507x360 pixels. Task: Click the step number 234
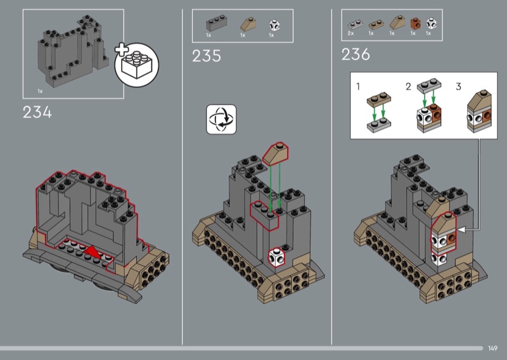(37, 113)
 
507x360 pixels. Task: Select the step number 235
(207, 56)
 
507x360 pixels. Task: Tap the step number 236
(356, 55)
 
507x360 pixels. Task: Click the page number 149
(493, 348)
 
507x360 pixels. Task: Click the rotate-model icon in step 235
(221, 119)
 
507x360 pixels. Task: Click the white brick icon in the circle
(137, 65)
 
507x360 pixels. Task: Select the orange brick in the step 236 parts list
(415, 23)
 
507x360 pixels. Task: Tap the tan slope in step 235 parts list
(248, 24)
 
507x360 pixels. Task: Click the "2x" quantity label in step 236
(350, 34)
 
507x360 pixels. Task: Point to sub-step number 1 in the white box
(358, 87)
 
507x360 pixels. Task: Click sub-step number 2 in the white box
(408, 87)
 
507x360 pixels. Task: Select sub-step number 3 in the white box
(458, 87)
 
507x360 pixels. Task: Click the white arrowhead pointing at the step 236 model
(463, 229)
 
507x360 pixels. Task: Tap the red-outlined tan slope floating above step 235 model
(276, 153)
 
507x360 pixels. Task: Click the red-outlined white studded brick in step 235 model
(277, 257)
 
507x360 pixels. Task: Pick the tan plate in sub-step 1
(379, 100)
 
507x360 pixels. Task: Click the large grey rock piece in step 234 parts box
(73, 51)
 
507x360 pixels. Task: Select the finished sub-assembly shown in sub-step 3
(479, 112)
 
